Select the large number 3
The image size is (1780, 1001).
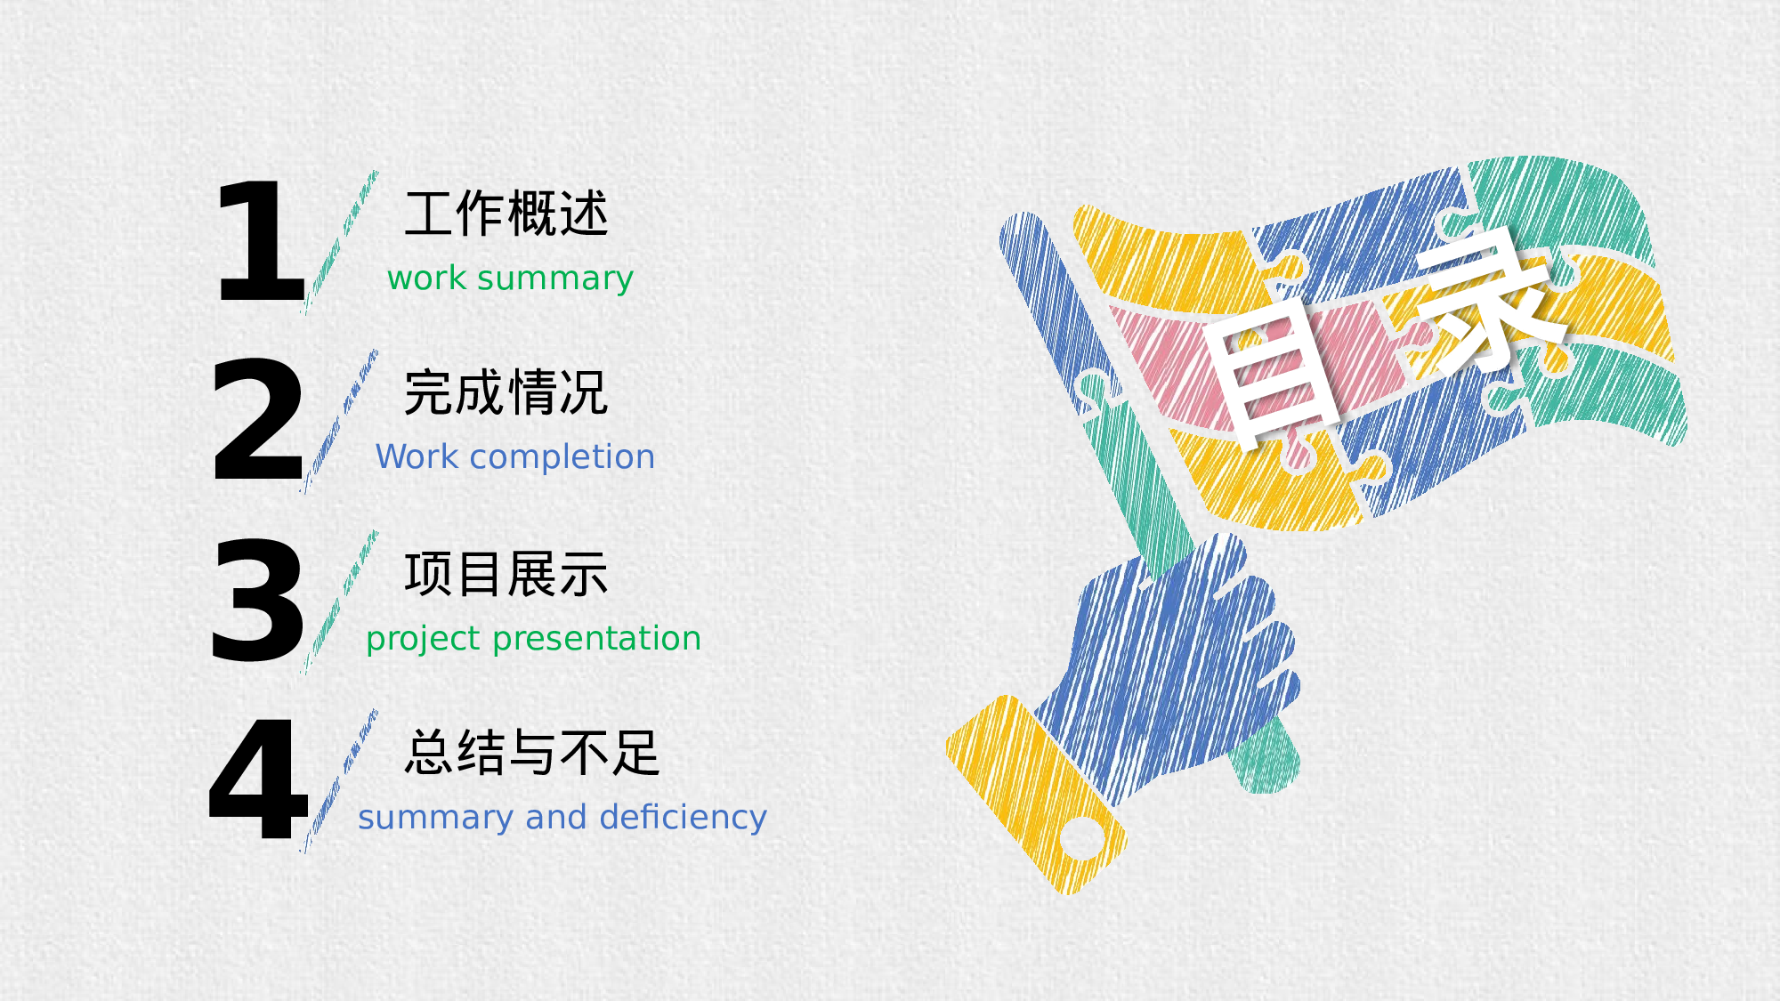coord(257,601)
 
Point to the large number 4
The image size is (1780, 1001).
coord(258,779)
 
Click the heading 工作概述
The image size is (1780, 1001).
coord(506,214)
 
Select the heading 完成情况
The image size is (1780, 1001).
coord(506,392)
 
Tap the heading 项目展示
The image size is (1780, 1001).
coord(506,574)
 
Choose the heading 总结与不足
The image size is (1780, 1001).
coord(532,753)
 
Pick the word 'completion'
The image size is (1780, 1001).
coord(562,458)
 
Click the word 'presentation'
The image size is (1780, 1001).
coord(596,640)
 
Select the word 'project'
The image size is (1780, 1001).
coord(424,640)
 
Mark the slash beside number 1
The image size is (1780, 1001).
coord(341,242)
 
